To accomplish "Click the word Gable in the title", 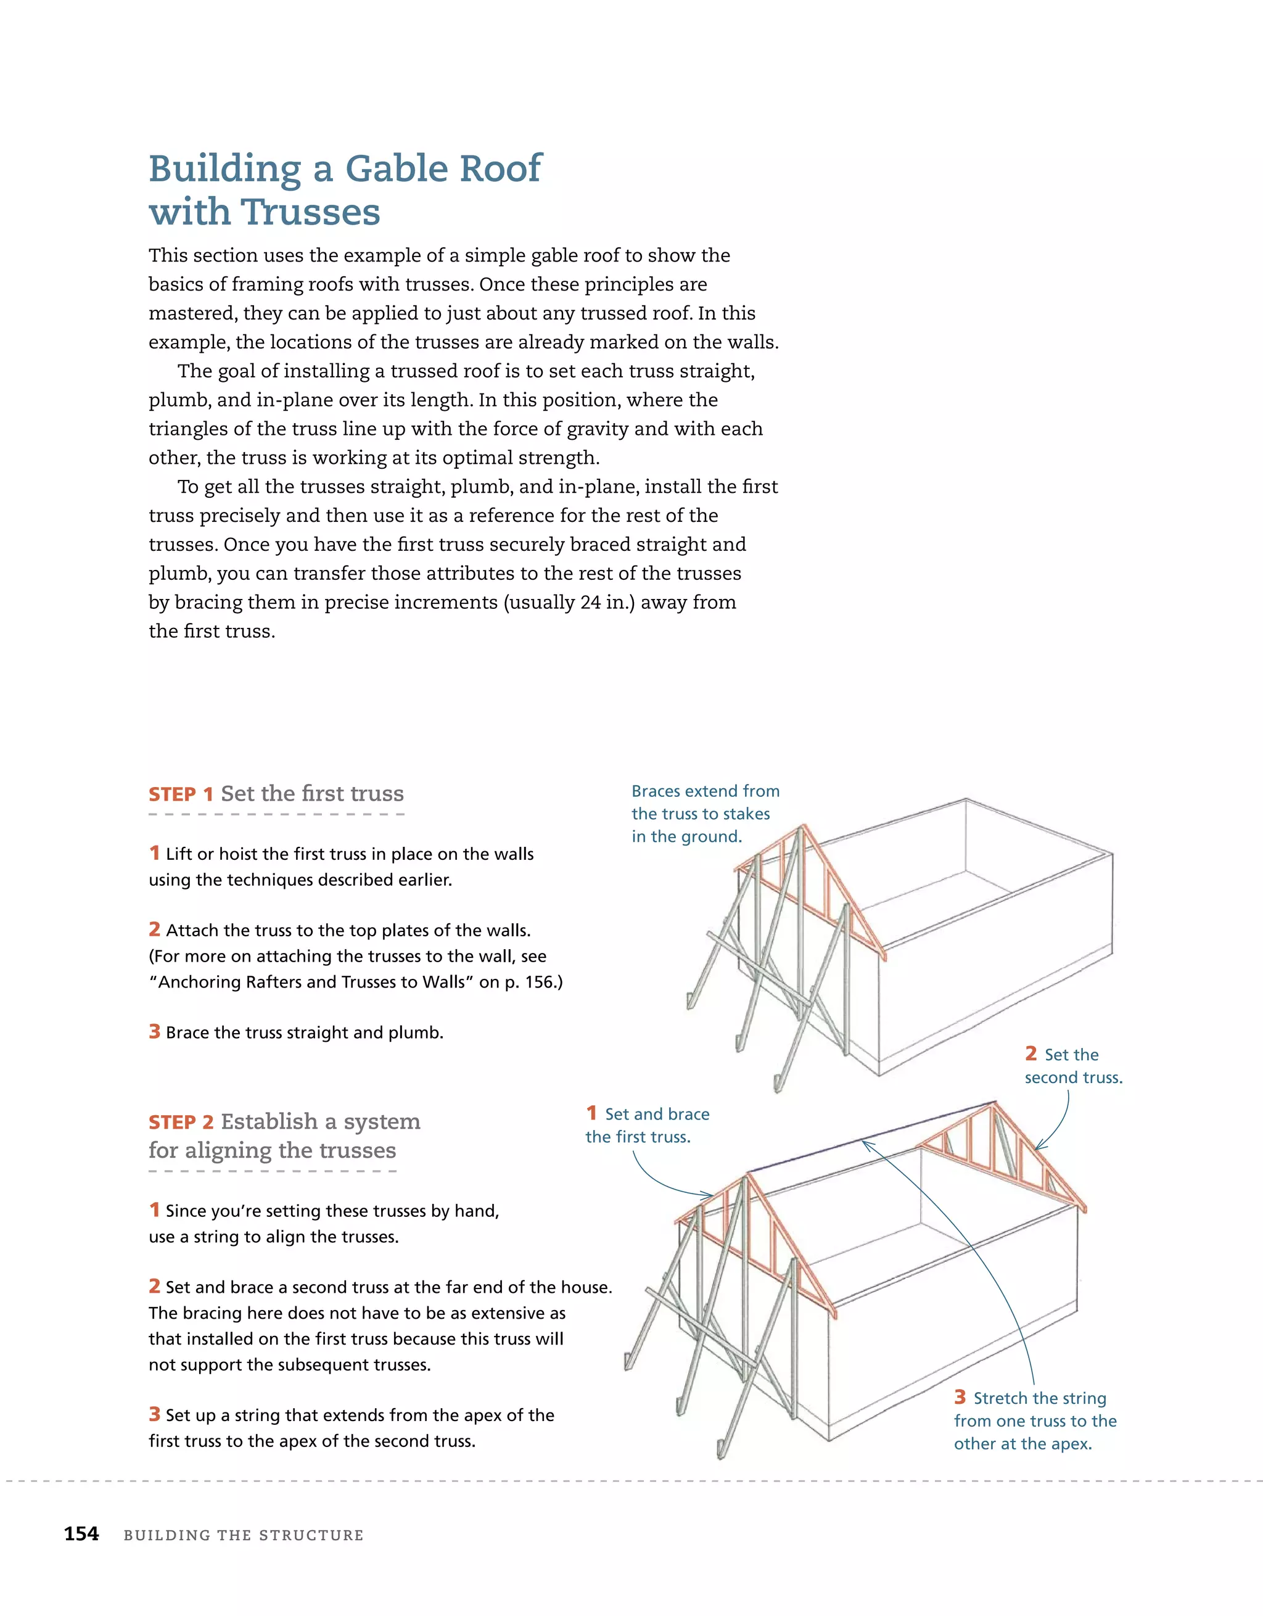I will pos(397,170).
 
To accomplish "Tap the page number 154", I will pos(81,1534).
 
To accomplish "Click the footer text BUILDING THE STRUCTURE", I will pos(244,1535).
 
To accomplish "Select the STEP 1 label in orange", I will pos(181,794).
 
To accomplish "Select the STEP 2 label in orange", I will pos(181,1123).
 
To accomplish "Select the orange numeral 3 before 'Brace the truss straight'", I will pos(154,1031).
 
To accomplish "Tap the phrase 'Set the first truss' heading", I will pos(312,794).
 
